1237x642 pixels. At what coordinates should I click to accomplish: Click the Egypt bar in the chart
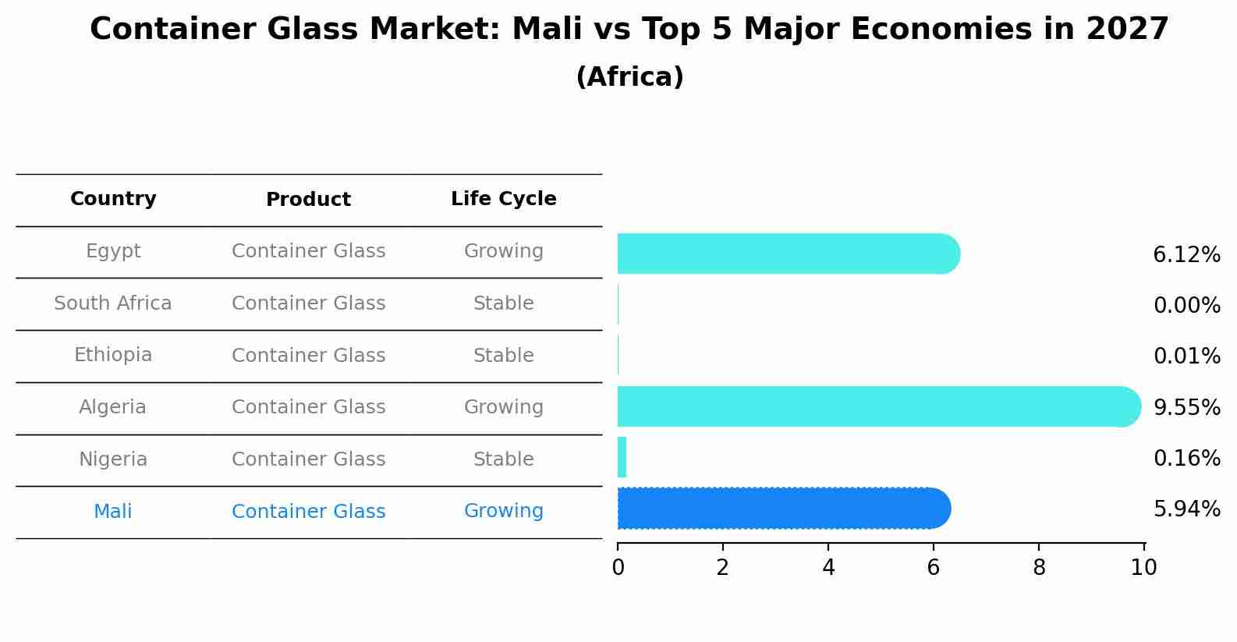coord(788,254)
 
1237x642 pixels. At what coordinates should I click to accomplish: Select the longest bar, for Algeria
coord(877,406)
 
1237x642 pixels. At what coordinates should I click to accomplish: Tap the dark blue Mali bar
coord(783,509)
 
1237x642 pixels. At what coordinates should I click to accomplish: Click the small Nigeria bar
coord(622,457)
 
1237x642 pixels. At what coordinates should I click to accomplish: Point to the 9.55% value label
coord(1186,407)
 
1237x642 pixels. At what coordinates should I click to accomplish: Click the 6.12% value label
coord(1186,255)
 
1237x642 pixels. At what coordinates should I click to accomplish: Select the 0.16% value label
coord(1186,458)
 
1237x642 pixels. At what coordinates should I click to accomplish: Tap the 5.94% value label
coord(1186,509)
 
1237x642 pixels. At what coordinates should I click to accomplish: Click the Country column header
coord(113,199)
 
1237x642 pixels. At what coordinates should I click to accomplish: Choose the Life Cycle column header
coord(503,199)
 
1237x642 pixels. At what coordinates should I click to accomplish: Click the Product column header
coord(308,200)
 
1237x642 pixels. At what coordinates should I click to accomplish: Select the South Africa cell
coord(113,303)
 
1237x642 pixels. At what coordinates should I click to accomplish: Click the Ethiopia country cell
coord(113,355)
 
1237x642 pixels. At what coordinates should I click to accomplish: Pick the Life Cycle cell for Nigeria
coord(503,459)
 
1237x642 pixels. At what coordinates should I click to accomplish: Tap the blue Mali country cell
coord(113,512)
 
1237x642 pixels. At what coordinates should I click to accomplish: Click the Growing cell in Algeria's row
coord(503,407)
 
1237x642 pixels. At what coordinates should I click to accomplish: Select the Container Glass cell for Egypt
coord(308,251)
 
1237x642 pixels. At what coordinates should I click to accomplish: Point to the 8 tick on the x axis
coord(1038,568)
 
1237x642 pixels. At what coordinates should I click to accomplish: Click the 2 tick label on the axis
coord(722,568)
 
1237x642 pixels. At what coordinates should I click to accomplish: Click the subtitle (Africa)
coord(629,77)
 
